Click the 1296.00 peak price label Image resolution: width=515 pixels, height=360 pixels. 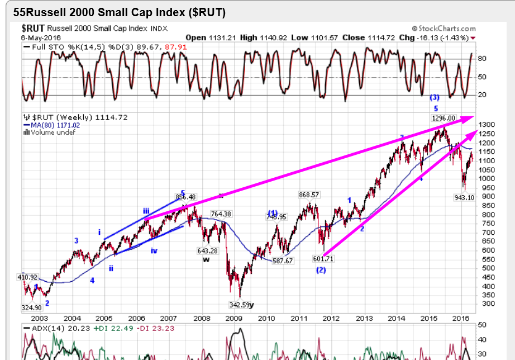(444, 118)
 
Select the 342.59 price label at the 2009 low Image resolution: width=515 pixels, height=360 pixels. (239, 305)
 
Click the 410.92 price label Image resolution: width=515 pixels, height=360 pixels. (27, 277)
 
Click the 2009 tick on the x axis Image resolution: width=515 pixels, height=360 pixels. (234, 318)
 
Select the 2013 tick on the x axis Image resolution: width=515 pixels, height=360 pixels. (364, 318)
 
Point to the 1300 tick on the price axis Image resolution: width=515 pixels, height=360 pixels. (485, 125)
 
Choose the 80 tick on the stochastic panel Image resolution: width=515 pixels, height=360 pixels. (482, 59)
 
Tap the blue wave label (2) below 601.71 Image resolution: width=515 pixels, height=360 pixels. (321, 270)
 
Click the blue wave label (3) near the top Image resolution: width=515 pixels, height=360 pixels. (435, 97)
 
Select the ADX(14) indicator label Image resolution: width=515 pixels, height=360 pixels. (37, 329)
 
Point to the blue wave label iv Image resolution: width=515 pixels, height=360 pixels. (154, 251)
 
